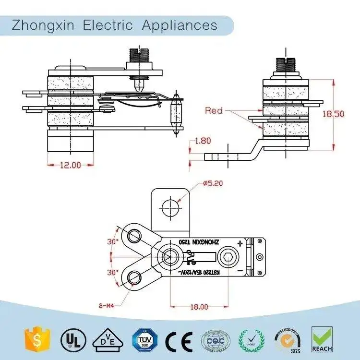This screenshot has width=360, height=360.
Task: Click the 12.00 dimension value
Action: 70,165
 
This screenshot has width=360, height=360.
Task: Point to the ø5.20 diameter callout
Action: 213,183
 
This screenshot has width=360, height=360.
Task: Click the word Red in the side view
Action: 214,111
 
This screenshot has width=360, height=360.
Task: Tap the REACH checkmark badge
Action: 322,340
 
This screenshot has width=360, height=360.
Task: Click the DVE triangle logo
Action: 106,341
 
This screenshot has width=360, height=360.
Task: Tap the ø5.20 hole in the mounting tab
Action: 171,208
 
